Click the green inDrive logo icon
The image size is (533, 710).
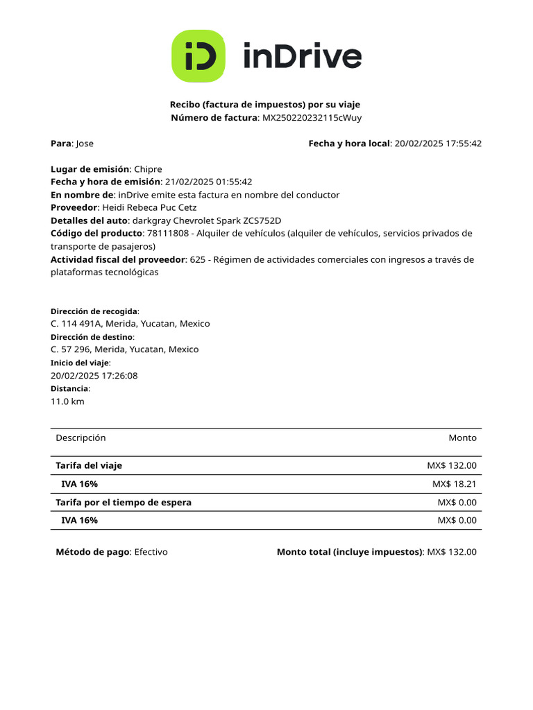click(x=198, y=56)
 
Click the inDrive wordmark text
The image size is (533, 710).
click(x=302, y=56)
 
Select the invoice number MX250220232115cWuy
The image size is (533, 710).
click(x=312, y=118)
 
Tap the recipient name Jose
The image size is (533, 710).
click(x=85, y=144)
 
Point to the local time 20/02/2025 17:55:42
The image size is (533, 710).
click(x=437, y=144)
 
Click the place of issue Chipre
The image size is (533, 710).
click(x=148, y=169)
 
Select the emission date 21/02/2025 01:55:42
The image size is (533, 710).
click(x=208, y=182)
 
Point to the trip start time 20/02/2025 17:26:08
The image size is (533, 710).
click(x=94, y=376)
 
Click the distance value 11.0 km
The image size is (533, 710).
click(x=67, y=401)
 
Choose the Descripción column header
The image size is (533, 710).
click(x=81, y=438)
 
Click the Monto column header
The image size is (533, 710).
click(x=462, y=438)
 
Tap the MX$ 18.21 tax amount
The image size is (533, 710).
click(x=454, y=484)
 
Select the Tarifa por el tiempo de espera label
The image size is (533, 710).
click(x=124, y=502)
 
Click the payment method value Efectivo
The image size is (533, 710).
click(x=151, y=552)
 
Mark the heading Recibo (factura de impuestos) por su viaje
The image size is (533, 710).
click(x=265, y=105)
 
